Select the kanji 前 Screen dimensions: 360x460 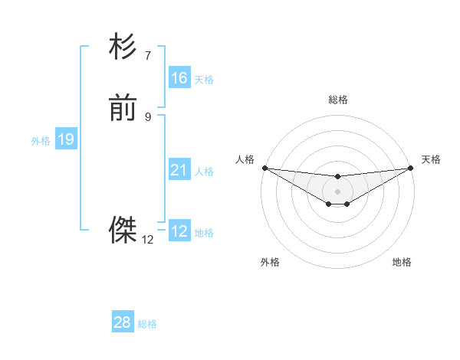tap(123, 110)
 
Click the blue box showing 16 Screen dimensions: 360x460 tap(179, 78)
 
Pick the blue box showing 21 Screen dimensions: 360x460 tap(179, 170)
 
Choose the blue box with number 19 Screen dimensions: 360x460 tap(65, 139)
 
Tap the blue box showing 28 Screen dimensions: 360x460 tap(123, 322)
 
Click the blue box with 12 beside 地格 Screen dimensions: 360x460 tap(179, 231)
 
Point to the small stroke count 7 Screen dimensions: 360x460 tap(148, 55)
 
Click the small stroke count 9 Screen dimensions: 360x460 tap(148, 117)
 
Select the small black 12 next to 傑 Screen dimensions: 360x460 tap(148, 240)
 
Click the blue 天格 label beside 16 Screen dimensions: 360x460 tap(204, 80)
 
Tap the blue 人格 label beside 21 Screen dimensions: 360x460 tap(204, 172)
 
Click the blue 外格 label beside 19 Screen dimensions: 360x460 tap(41, 141)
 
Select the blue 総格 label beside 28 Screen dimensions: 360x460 tap(147, 324)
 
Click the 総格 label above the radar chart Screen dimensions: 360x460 tap(337, 100)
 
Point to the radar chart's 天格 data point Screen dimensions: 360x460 tap(412, 168)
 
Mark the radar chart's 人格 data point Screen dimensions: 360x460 tap(264, 168)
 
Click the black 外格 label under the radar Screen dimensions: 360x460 tap(270, 262)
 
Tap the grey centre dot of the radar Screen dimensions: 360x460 tap(337, 191)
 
